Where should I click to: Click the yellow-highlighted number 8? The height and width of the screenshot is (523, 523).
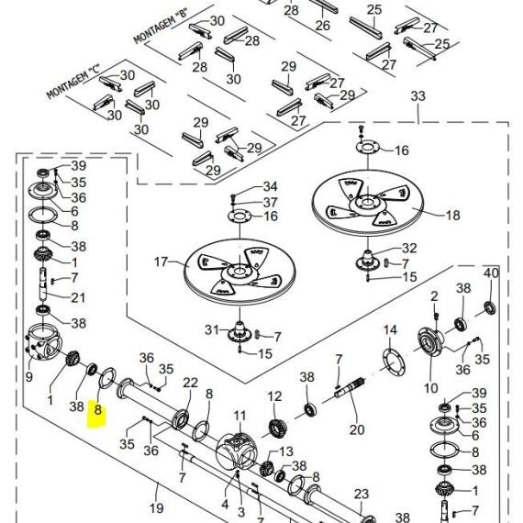pyautogui.click(x=98, y=409)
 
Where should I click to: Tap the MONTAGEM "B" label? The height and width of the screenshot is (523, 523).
pyautogui.click(x=161, y=27)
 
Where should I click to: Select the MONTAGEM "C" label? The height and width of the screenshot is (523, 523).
pyautogui.click(x=73, y=81)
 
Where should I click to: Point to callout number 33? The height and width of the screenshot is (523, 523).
pyautogui.click(x=417, y=96)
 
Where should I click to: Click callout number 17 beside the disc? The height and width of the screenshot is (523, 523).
pyautogui.click(x=161, y=261)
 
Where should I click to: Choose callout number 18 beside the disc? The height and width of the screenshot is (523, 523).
pyautogui.click(x=452, y=215)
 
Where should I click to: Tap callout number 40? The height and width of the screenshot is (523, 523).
pyautogui.click(x=491, y=273)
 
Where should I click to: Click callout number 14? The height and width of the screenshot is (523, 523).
pyautogui.click(x=390, y=330)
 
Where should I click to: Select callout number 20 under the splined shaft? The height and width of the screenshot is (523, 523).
pyautogui.click(x=357, y=429)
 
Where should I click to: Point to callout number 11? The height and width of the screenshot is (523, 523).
pyautogui.click(x=239, y=416)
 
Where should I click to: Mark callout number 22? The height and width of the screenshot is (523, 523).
pyautogui.click(x=191, y=383)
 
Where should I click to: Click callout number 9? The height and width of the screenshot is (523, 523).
pyautogui.click(x=29, y=377)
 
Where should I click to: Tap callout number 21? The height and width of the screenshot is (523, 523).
pyautogui.click(x=78, y=297)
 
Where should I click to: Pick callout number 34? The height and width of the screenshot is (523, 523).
pyautogui.click(x=270, y=186)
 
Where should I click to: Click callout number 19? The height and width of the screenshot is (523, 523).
pyautogui.click(x=156, y=508)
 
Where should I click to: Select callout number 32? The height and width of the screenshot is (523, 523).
pyautogui.click(x=409, y=248)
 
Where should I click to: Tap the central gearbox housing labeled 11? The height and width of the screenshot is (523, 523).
pyautogui.click(x=236, y=451)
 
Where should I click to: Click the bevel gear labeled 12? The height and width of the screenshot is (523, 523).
pyautogui.click(x=277, y=428)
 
